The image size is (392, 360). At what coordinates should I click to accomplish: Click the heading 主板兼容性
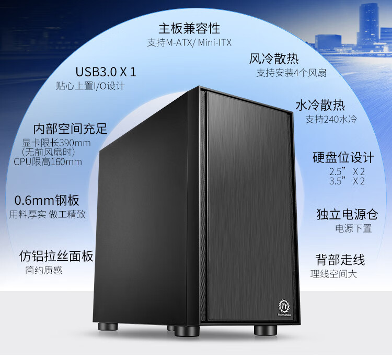[x=189, y=28]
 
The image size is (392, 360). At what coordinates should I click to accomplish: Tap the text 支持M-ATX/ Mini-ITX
[x=189, y=42]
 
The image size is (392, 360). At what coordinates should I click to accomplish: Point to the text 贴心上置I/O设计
[x=90, y=86]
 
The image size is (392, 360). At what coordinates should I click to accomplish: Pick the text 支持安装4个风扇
[x=291, y=73]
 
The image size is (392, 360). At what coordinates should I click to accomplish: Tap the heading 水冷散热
[x=320, y=104]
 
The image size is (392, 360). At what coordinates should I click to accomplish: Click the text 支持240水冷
[x=331, y=119]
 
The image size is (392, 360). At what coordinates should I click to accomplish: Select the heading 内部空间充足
[x=70, y=129]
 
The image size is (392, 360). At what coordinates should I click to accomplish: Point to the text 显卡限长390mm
[x=56, y=143]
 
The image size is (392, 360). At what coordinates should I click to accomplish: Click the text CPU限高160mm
[x=48, y=161]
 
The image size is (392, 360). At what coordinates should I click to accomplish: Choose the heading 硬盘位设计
[x=343, y=157]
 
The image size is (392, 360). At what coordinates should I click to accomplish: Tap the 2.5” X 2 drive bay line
[x=347, y=171]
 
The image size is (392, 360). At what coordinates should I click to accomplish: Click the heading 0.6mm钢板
[x=47, y=200]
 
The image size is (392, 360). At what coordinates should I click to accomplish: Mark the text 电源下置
[x=353, y=228]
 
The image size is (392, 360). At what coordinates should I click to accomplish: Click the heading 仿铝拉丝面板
[x=56, y=256]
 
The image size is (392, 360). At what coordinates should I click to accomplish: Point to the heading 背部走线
[x=340, y=260]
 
